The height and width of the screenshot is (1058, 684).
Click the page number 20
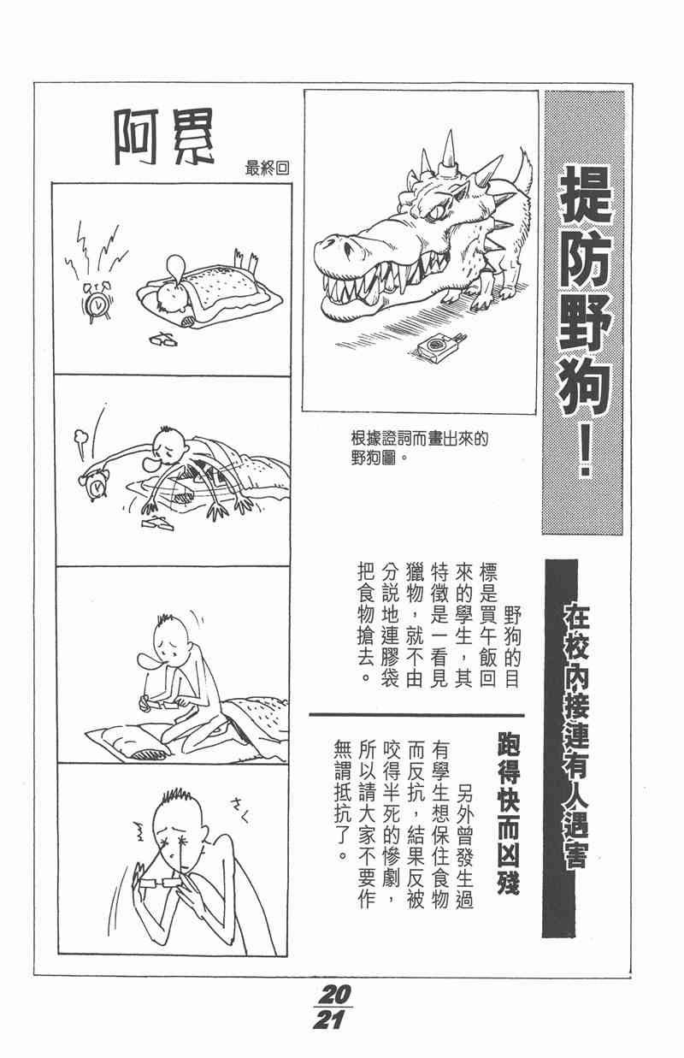337,994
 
